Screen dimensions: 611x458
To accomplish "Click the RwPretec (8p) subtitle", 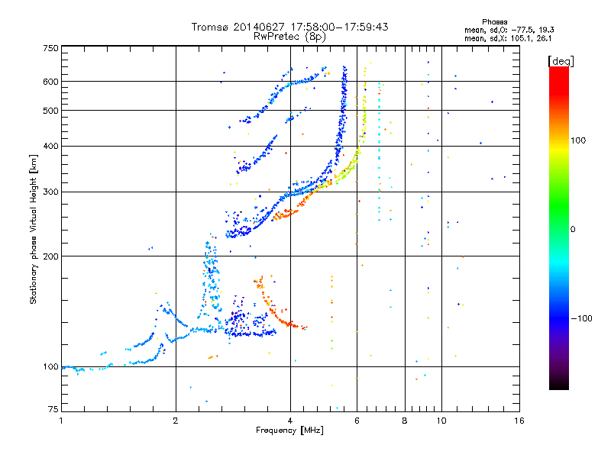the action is tap(289, 37).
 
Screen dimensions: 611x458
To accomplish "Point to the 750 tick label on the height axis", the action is tap(50, 48).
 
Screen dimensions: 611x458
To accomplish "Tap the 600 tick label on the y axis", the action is tap(50, 82).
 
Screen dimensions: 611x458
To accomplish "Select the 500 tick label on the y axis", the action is tap(50, 111).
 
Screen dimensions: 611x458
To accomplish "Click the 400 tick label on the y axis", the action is tap(50, 146).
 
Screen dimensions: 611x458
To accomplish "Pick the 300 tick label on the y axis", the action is tap(50, 192).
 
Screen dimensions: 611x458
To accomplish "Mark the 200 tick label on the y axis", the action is tap(50, 256).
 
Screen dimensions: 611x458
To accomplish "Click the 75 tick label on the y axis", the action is tap(53, 408).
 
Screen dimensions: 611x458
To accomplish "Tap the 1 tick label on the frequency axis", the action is tap(61, 421).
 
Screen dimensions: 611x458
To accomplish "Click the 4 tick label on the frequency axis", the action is tap(290, 421).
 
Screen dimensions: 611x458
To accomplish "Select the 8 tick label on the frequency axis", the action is tap(405, 421).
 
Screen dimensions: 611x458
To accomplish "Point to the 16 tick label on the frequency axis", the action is tap(519, 421).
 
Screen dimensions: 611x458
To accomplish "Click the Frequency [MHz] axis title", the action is tap(289, 431).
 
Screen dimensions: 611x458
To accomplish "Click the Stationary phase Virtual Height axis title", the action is tap(34, 229).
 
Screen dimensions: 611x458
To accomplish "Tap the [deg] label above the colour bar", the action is tap(561, 61).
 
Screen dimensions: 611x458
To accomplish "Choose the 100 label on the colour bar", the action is tap(578, 140).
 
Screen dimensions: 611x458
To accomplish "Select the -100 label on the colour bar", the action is tap(581, 318).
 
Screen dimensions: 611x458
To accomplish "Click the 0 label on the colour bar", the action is tap(573, 230).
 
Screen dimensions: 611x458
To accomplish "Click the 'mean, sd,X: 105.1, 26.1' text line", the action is tap(508, 39).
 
